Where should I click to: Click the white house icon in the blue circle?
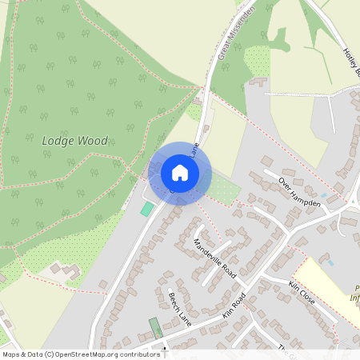point(179,172)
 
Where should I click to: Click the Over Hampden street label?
point(299,193)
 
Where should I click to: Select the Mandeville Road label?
point(215,258)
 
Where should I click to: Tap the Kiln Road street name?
point(234,306)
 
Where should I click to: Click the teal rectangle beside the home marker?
point(147,208)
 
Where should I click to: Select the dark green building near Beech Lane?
point(154,327)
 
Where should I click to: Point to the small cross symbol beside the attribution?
point(165,350)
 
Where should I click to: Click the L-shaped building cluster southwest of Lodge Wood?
point(61,270)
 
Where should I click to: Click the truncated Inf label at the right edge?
point(354,299)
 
